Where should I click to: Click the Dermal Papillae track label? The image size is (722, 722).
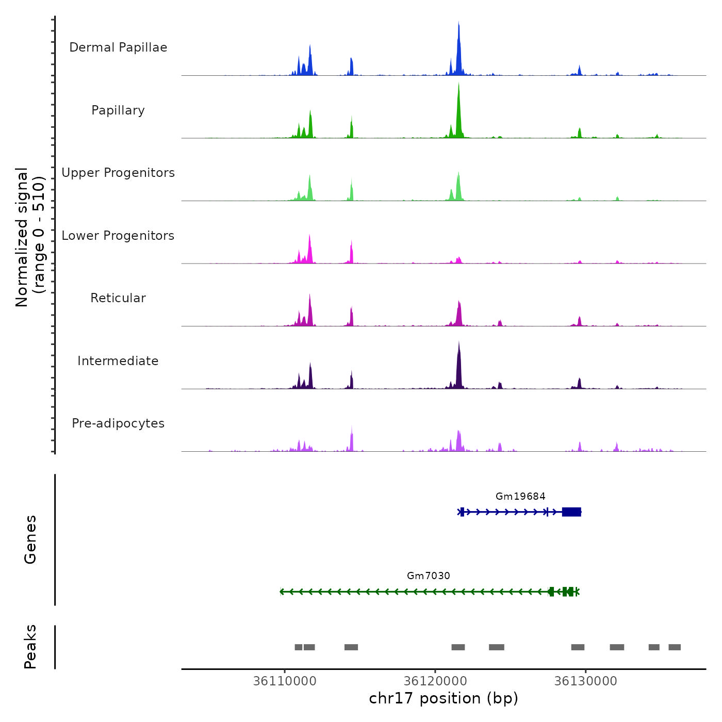[x=118, y=47]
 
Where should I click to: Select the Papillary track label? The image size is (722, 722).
[x=118, y=110]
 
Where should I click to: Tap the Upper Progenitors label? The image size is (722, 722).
[x=118, y=173]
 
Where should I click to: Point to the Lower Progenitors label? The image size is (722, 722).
[x=118, y=236]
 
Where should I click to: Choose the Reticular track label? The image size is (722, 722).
[x=118, y=298]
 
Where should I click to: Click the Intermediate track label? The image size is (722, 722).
[x=118, y=361]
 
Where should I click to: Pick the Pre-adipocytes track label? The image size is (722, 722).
[x=118, y=423]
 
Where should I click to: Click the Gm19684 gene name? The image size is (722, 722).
[x=520, y=496]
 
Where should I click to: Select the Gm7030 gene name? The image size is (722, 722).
[x=429, y=576]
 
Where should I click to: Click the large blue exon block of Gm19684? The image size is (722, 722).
[x=571, y=512]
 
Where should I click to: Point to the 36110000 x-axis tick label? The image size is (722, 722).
[x=285, y=681]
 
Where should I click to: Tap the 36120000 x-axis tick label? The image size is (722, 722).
[x=435, y=681]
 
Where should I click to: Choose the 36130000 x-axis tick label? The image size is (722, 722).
[x=585, y=681]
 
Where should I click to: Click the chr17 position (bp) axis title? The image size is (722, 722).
[x=444, y=698]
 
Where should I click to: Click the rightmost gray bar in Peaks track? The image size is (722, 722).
[x=675, y=647]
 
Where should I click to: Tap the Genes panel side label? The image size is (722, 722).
[x=30, y=539]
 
